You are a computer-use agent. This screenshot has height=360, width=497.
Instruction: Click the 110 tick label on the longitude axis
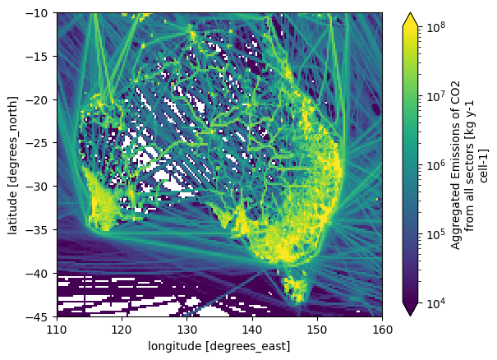point(57,330)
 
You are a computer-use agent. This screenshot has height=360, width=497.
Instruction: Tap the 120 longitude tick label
point(122,330)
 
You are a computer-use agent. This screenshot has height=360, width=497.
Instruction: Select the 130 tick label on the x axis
point(187,330)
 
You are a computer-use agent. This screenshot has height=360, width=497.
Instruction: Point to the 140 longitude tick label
point(252,330)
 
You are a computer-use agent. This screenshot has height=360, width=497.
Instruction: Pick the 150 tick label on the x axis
point(317,330)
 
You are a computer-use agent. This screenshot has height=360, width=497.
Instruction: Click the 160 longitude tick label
point(382,330)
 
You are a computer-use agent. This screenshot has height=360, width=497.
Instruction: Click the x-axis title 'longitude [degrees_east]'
point(219,346)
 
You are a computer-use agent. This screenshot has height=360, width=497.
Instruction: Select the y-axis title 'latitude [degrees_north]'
point(13,165)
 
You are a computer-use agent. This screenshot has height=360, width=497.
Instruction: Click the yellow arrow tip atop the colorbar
point(410,12)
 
